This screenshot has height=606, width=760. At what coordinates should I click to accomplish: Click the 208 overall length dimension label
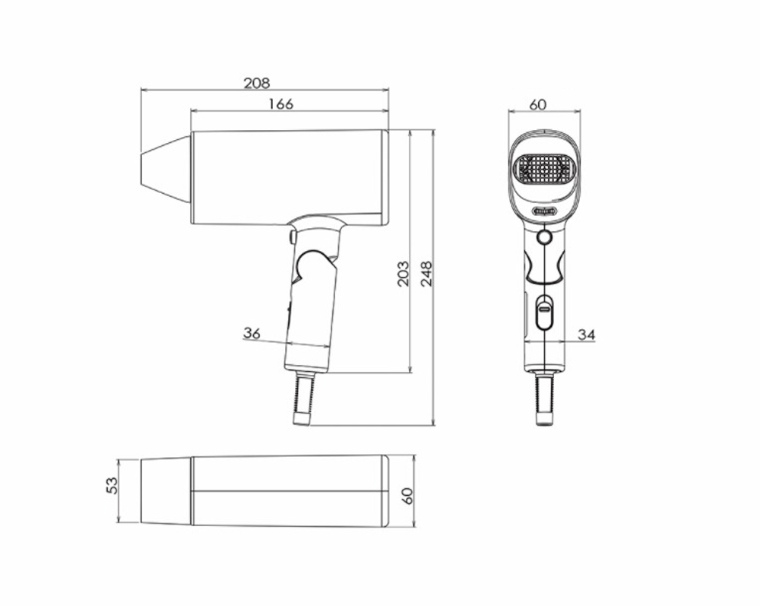256,83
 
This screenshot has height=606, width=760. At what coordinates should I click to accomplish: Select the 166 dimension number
280,104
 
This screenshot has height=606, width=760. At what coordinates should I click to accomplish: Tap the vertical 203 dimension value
403,273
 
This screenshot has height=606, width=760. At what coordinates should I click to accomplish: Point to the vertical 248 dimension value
426,273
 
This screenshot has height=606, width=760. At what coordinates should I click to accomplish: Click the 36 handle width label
252,333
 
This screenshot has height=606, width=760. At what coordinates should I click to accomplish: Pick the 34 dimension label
586,334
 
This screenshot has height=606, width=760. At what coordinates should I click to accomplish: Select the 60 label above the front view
537,105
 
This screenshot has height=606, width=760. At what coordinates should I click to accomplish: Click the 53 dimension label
111,484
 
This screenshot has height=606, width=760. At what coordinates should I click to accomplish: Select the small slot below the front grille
544,211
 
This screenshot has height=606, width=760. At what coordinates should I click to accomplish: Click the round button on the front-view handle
543,238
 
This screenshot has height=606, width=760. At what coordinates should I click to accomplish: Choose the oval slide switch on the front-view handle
543,313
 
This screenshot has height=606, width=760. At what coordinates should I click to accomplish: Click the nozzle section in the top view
166,490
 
